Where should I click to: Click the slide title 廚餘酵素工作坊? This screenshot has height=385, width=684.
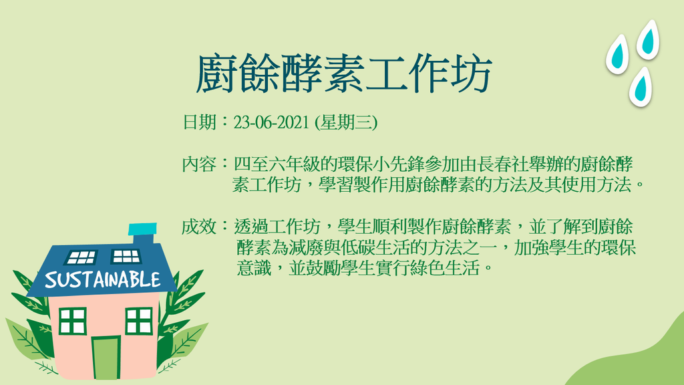click(344, 74)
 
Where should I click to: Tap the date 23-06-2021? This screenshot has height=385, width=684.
click(272, 122)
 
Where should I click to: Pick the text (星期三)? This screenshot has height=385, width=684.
click(346, 122)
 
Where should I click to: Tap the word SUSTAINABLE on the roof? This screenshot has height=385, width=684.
click(102, 280)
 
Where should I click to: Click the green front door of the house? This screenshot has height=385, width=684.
click(106, 358)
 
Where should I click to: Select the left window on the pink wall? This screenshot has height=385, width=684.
click(72, 321)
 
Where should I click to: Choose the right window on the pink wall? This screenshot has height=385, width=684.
click(139, 321)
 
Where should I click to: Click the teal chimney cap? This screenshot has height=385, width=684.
click(143, 229)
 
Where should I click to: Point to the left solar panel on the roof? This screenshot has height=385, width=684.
click(81, 257)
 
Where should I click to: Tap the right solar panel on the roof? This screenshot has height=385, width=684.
click(126, 256)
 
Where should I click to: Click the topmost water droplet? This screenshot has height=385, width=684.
click(648, 39)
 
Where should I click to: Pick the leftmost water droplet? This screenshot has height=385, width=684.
click(617, 54)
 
